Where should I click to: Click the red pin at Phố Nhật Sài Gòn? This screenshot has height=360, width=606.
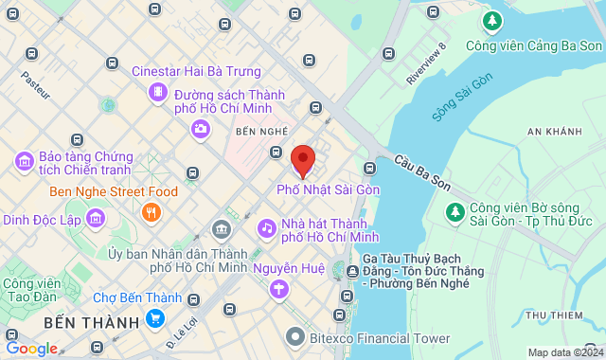point(302,160)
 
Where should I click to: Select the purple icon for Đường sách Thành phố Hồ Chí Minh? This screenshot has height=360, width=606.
point(157,94)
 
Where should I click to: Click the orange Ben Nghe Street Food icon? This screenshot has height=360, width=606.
point(150,212)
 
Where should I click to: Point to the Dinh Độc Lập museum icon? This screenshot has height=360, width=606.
point(95,220)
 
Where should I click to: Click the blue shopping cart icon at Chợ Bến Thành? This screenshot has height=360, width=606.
point(154,317)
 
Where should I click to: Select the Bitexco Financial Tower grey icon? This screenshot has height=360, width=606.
point(296,336)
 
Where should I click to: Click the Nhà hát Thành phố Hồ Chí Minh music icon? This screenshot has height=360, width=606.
point(267,227)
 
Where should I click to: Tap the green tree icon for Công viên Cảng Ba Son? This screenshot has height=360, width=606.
point(491,20)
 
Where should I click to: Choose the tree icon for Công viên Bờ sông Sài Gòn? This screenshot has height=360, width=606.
point(455,209)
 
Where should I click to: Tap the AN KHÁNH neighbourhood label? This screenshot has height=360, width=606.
point(554,131)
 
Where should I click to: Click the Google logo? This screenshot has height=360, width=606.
point(32,348)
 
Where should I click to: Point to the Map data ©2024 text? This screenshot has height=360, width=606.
point(563,352)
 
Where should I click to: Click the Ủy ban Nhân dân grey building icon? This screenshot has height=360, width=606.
point(221,228)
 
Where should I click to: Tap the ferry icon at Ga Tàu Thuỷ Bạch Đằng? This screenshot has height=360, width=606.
point(352,272)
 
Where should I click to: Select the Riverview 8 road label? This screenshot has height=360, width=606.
point(425,64)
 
